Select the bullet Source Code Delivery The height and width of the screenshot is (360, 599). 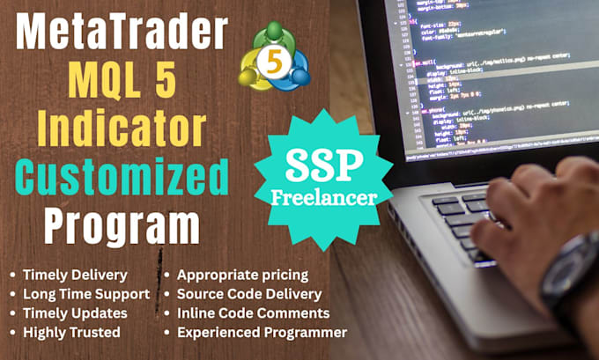click(x=249, y=294)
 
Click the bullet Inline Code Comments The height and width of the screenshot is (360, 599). click(x=253, y=313)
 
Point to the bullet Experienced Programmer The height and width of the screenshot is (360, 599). click(x=262, y=333)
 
